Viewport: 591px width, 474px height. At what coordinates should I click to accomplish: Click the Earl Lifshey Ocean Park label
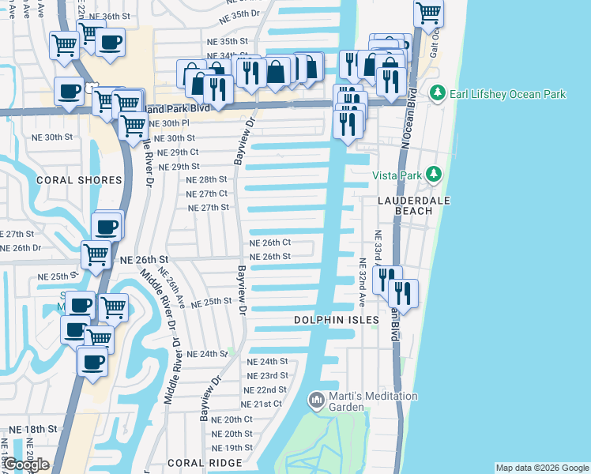coord(507,95)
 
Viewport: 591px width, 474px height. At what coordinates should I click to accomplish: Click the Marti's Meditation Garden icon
coord(317,401)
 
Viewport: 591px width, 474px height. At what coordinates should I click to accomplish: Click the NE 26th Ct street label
coord(270,243)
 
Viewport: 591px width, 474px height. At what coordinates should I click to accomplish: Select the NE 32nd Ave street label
coord(361,281)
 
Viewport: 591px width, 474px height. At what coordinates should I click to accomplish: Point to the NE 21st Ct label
coord(262,404)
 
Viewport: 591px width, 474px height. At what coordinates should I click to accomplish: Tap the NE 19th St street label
coord(232,447)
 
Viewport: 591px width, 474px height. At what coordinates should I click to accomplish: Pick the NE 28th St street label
coord(207,180)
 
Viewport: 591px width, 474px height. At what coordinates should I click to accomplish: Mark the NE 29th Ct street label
coord(178,152)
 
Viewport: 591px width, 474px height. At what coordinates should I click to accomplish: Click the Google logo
coord(26,465)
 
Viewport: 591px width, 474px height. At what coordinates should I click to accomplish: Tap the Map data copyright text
coord(542,468)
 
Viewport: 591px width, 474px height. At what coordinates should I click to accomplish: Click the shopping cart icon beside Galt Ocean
coord(428,12)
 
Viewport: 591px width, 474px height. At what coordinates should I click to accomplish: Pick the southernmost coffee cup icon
coord(92,362)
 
